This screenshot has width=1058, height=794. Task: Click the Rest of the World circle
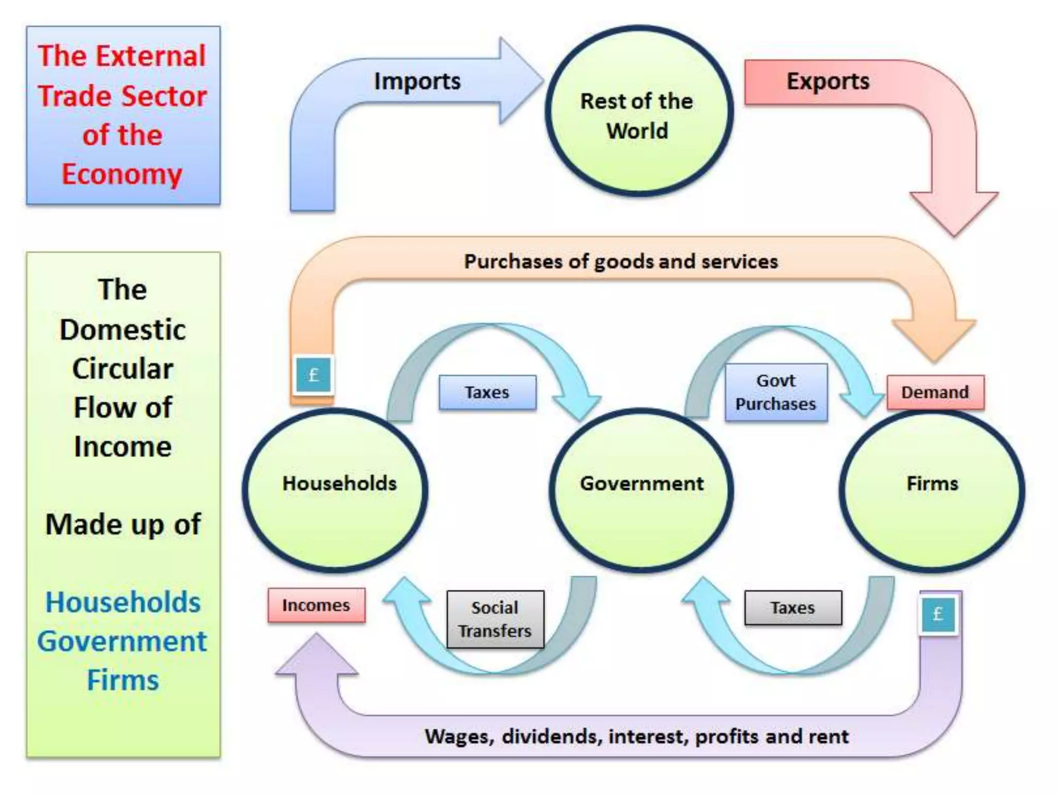(639, 112)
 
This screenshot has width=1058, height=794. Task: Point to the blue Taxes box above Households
(487, 392)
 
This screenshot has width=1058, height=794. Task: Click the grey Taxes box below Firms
(792, 608)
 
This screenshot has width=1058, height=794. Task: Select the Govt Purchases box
(775, 392)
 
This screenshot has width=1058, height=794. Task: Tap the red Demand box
(935, 392)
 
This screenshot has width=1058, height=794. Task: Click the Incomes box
(316, 605)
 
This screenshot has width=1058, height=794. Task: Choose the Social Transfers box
(495, 619)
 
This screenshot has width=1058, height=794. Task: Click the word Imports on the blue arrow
(417, 81)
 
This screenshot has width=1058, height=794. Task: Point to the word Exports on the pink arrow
(828, 81)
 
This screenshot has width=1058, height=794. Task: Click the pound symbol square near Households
(314, 375)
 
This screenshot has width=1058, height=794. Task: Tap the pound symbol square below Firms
(938, 614)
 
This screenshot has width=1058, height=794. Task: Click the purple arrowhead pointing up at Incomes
(316, 656)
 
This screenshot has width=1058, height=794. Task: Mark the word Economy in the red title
(122, 174)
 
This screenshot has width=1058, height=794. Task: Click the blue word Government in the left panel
(122, 642)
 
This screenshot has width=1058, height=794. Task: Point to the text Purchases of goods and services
(620, 262)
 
